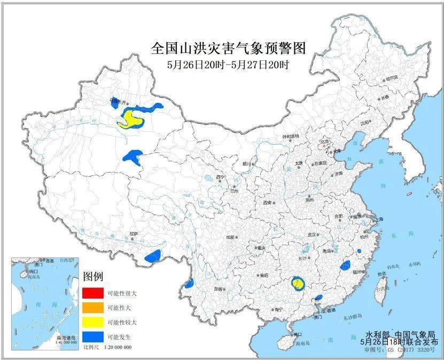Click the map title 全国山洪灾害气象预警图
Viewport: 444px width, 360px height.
pyautogui.click(x=228, y=49)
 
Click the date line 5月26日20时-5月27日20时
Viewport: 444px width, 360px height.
pyautogui.click(x=228, y=66)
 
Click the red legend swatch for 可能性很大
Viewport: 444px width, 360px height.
pyautogui.click(x=92, y=293)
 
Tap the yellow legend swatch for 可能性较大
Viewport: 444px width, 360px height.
pyautogui.click(x=92, y=323)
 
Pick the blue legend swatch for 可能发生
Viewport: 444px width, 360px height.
pyautogui.click(x=92, y=337)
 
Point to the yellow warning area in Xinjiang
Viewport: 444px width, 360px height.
pyautogui.click(x=130, y=119)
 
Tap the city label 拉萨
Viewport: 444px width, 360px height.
pyautogui.click(x=134, y=234)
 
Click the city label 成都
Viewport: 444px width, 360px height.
pyautogui.click(x=229, y=237)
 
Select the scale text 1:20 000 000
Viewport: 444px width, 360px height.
pyautogui.click(x=115, y=348)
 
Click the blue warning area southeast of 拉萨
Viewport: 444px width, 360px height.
pyautogui.click(x=153, y=256)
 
